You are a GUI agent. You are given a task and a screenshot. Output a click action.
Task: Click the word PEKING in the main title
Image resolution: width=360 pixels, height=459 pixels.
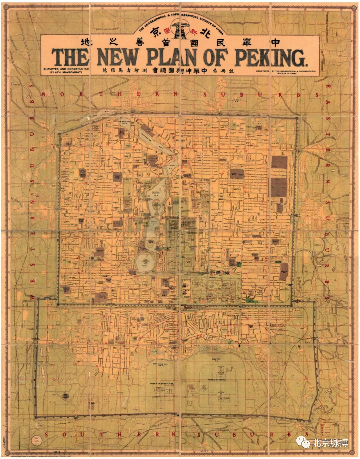click(x=270, y=58)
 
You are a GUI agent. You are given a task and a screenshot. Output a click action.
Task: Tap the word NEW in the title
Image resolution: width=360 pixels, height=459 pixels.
click(x=117, y=57)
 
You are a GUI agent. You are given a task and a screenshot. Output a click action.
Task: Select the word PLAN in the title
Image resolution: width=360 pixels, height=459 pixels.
click(x=172, y=57)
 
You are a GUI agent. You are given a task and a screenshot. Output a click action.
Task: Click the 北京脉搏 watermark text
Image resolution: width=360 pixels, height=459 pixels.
click(x=330, y=443)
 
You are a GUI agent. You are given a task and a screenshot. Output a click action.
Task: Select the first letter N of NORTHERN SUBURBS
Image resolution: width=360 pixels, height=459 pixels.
click(x=43, y=95)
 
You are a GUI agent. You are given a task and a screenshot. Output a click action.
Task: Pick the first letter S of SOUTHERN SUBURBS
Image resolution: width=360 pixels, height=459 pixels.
click(x=46, y=434)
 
